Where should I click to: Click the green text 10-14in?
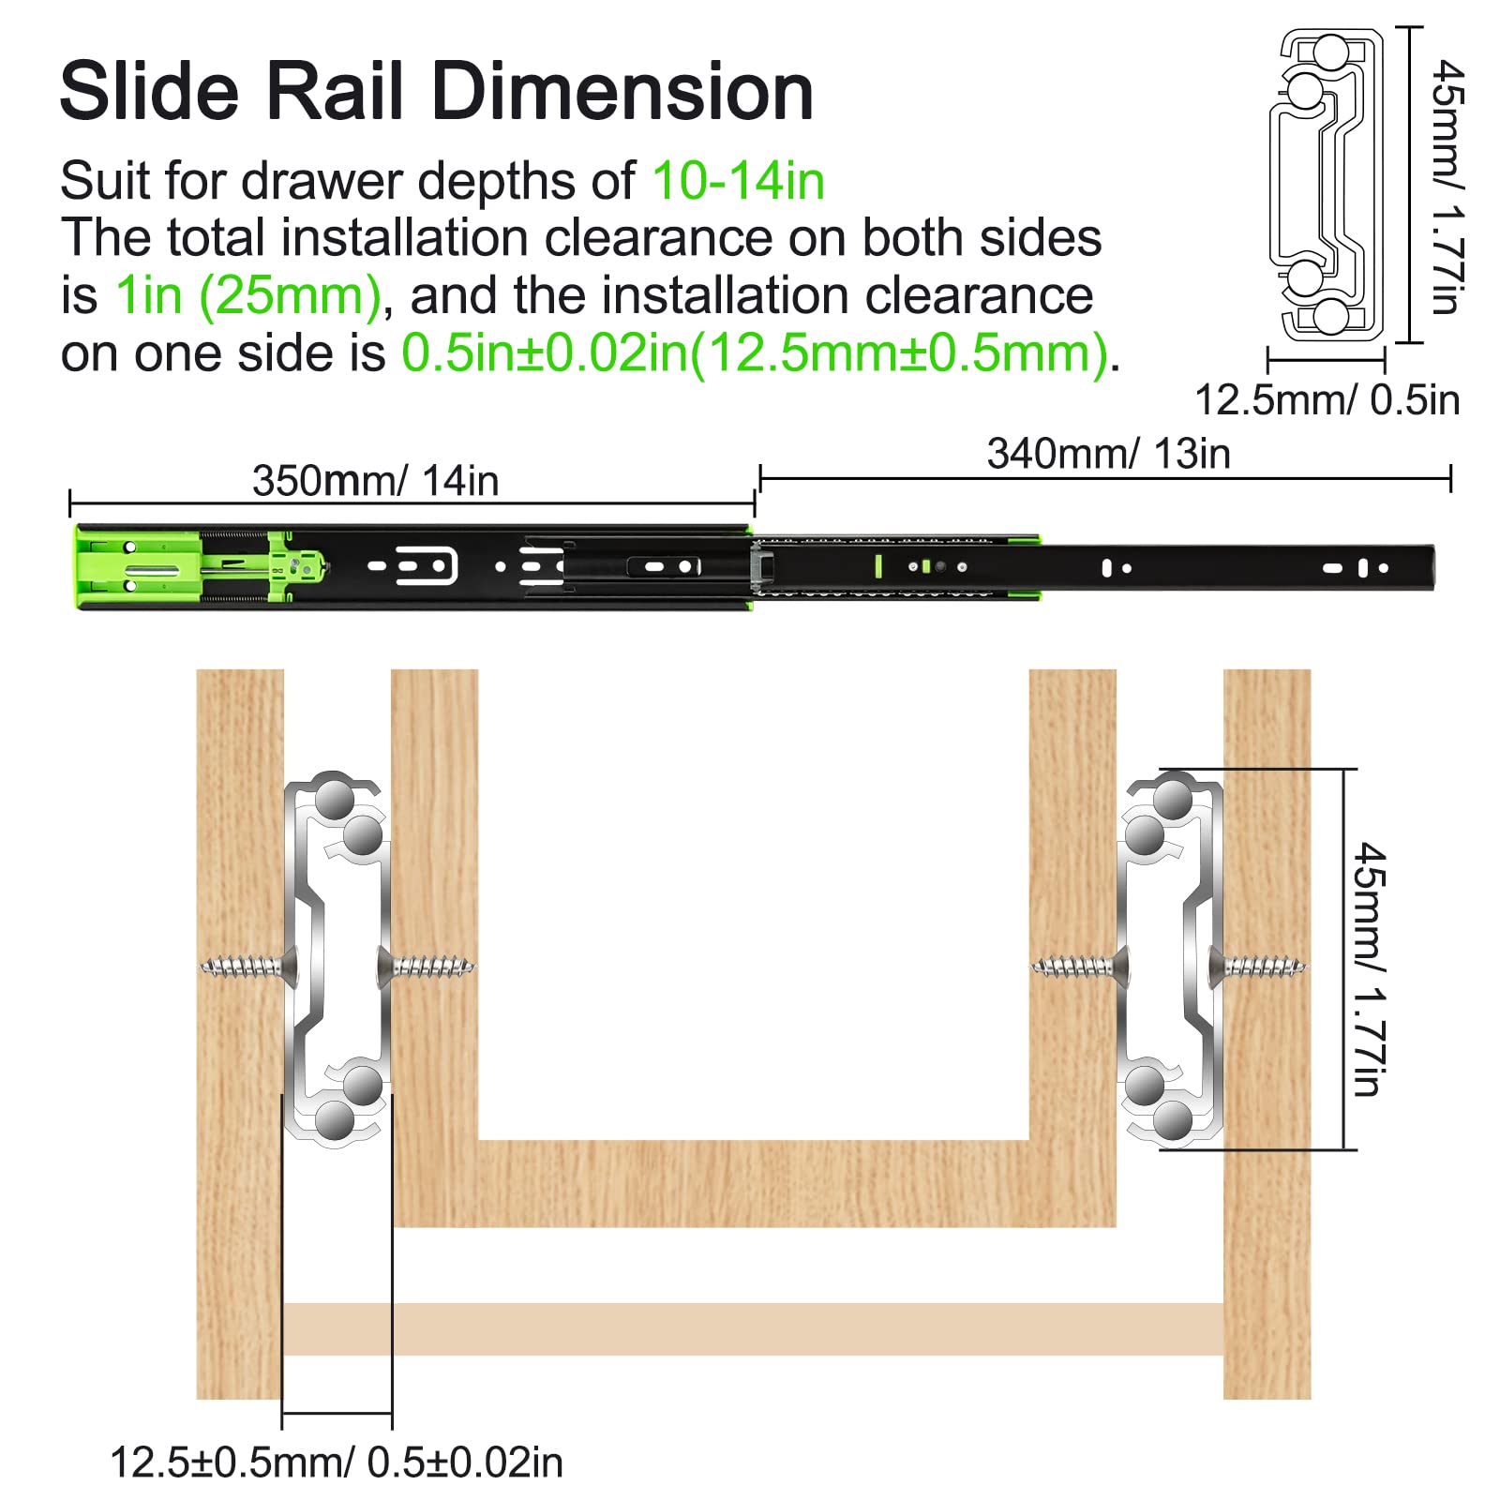(x=738, y=181)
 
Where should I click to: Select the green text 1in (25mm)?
(x=248, y=296)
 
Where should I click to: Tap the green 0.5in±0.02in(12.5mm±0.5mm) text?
(x=755, y=353)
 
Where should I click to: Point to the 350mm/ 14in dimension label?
(x=375, y=481)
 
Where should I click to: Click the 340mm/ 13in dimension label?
(x=1108, y=454)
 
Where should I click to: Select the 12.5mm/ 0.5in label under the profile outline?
(x=1327, y=400)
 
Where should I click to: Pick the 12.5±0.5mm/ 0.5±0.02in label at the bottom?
(x=337, y=1462)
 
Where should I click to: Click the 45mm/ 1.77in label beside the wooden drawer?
(x=1370, y=968)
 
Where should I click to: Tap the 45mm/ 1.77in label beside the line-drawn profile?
(x=1447, y=187)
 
